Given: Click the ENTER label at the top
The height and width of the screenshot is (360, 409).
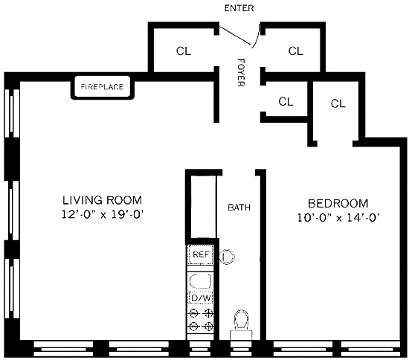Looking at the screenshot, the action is (239, 8).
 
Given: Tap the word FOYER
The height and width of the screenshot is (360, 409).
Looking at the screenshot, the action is (241, 72).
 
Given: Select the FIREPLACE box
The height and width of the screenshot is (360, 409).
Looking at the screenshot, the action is (103, 87).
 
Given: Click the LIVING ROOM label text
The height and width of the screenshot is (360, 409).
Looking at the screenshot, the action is (103, 200).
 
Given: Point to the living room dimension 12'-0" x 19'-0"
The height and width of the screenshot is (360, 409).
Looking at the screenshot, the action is (103, 214).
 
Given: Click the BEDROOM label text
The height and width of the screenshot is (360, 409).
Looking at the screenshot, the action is (338, 204).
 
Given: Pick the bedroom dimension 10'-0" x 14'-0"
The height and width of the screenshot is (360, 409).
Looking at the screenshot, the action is (338, 218).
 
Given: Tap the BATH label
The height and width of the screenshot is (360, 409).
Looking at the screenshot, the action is (239, 208).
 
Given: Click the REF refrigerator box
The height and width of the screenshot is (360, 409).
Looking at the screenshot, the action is (201, 254).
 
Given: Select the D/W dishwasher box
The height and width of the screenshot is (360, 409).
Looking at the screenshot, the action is (201, 298).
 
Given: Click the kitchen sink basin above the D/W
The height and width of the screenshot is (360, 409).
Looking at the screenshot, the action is (200, 281).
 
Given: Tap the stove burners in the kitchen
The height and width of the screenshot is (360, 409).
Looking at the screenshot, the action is (201, 319).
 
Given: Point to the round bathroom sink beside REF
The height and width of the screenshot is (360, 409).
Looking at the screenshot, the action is (227, 257).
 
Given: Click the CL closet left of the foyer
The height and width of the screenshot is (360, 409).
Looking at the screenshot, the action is (184, 51).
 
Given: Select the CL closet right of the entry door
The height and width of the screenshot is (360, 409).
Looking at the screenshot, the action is (295, 51).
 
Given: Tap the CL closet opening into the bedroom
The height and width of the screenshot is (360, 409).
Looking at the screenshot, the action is (338, 103).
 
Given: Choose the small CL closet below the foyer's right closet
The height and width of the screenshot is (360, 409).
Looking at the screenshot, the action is (286, 101).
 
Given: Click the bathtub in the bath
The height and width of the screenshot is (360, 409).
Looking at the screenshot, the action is (204, 207).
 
